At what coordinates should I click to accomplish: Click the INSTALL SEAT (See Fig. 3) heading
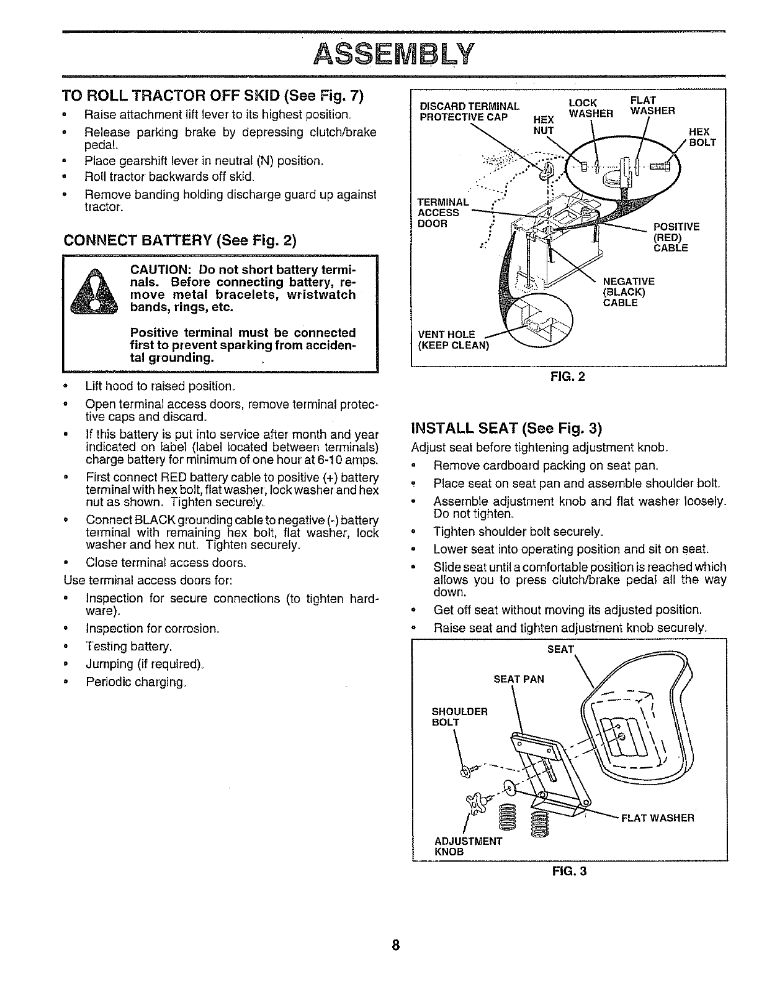[x=507, y=429]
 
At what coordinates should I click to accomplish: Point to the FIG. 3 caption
[x=569, y=871]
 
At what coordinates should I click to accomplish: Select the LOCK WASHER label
[x=591, y=107]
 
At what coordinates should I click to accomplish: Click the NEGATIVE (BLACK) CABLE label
[x=628, y=292]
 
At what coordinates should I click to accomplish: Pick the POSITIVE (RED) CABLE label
[x=676, y=237]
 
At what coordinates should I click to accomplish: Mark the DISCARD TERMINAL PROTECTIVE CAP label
[x=470, y=111]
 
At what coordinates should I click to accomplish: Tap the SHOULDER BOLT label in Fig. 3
[x=459, y=716]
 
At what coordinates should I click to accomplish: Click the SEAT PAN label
[x=518, y=679]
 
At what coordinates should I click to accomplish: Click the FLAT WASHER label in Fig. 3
[x=657, y=818]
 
